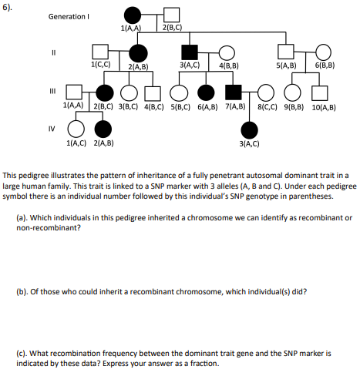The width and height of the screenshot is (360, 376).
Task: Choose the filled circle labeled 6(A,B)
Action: (207, 92)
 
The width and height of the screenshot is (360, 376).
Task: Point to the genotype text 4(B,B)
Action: (228, 67)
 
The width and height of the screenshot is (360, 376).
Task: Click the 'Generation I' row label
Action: (70, 16)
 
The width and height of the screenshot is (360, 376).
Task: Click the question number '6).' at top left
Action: (10, 5)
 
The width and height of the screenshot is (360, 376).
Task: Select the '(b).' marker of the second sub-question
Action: (23, 293)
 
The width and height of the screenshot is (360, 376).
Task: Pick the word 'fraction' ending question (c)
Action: (204, 364)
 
